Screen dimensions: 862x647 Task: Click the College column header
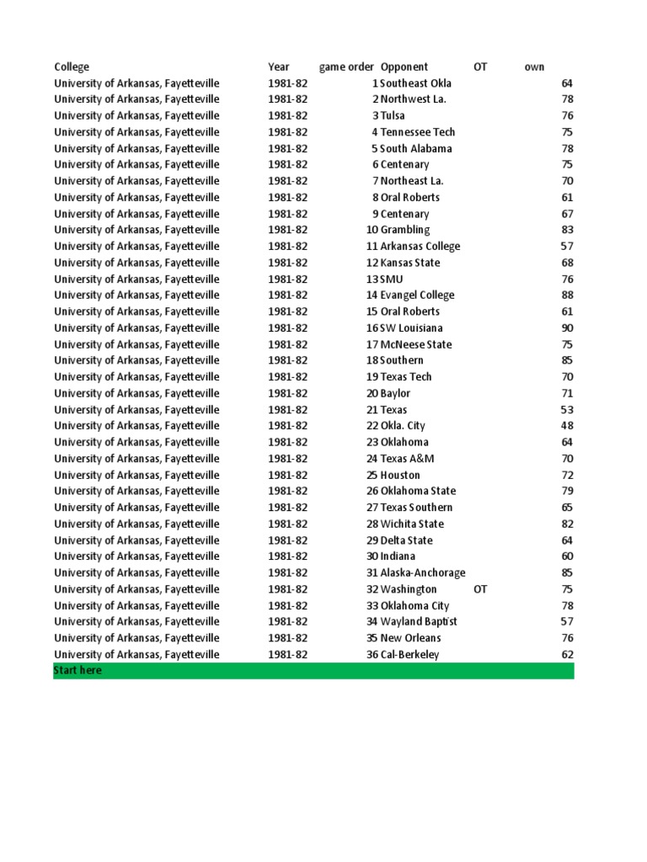click(x=72, y=67)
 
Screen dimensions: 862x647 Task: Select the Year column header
click(x=279, y=67)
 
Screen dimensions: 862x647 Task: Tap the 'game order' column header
click(x=346, y=67)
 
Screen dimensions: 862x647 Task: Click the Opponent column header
click(x=404, y=67)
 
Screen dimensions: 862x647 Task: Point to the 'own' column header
click(x=534, y=67)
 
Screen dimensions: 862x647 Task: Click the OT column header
click(x=480, y=67)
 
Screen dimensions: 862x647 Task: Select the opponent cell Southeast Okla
click(x=415, y=83)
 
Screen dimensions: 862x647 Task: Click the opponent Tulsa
click(x=393, y=115)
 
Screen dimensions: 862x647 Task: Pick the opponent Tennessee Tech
click(x=419, y=132)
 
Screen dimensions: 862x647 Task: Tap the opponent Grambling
click(x=405, y=230)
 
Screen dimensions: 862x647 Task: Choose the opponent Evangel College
click(x=417, y=295)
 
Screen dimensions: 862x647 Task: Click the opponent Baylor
click(x=396, y=393)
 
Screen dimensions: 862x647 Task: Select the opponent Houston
click(x=400, y=475)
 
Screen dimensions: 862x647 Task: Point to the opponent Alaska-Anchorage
click(x=423, y=572)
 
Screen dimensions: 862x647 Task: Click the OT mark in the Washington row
click(x=480, y=589)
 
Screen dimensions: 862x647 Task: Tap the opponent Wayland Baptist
click(x=419, y=621)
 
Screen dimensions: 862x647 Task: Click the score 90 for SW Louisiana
click(x=567, y=327)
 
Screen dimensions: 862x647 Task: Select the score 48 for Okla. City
click(x=567, y=426)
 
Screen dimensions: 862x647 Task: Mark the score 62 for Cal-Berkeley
click(x=567, y=654)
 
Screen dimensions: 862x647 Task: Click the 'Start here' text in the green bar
click(x=78, y=671)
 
